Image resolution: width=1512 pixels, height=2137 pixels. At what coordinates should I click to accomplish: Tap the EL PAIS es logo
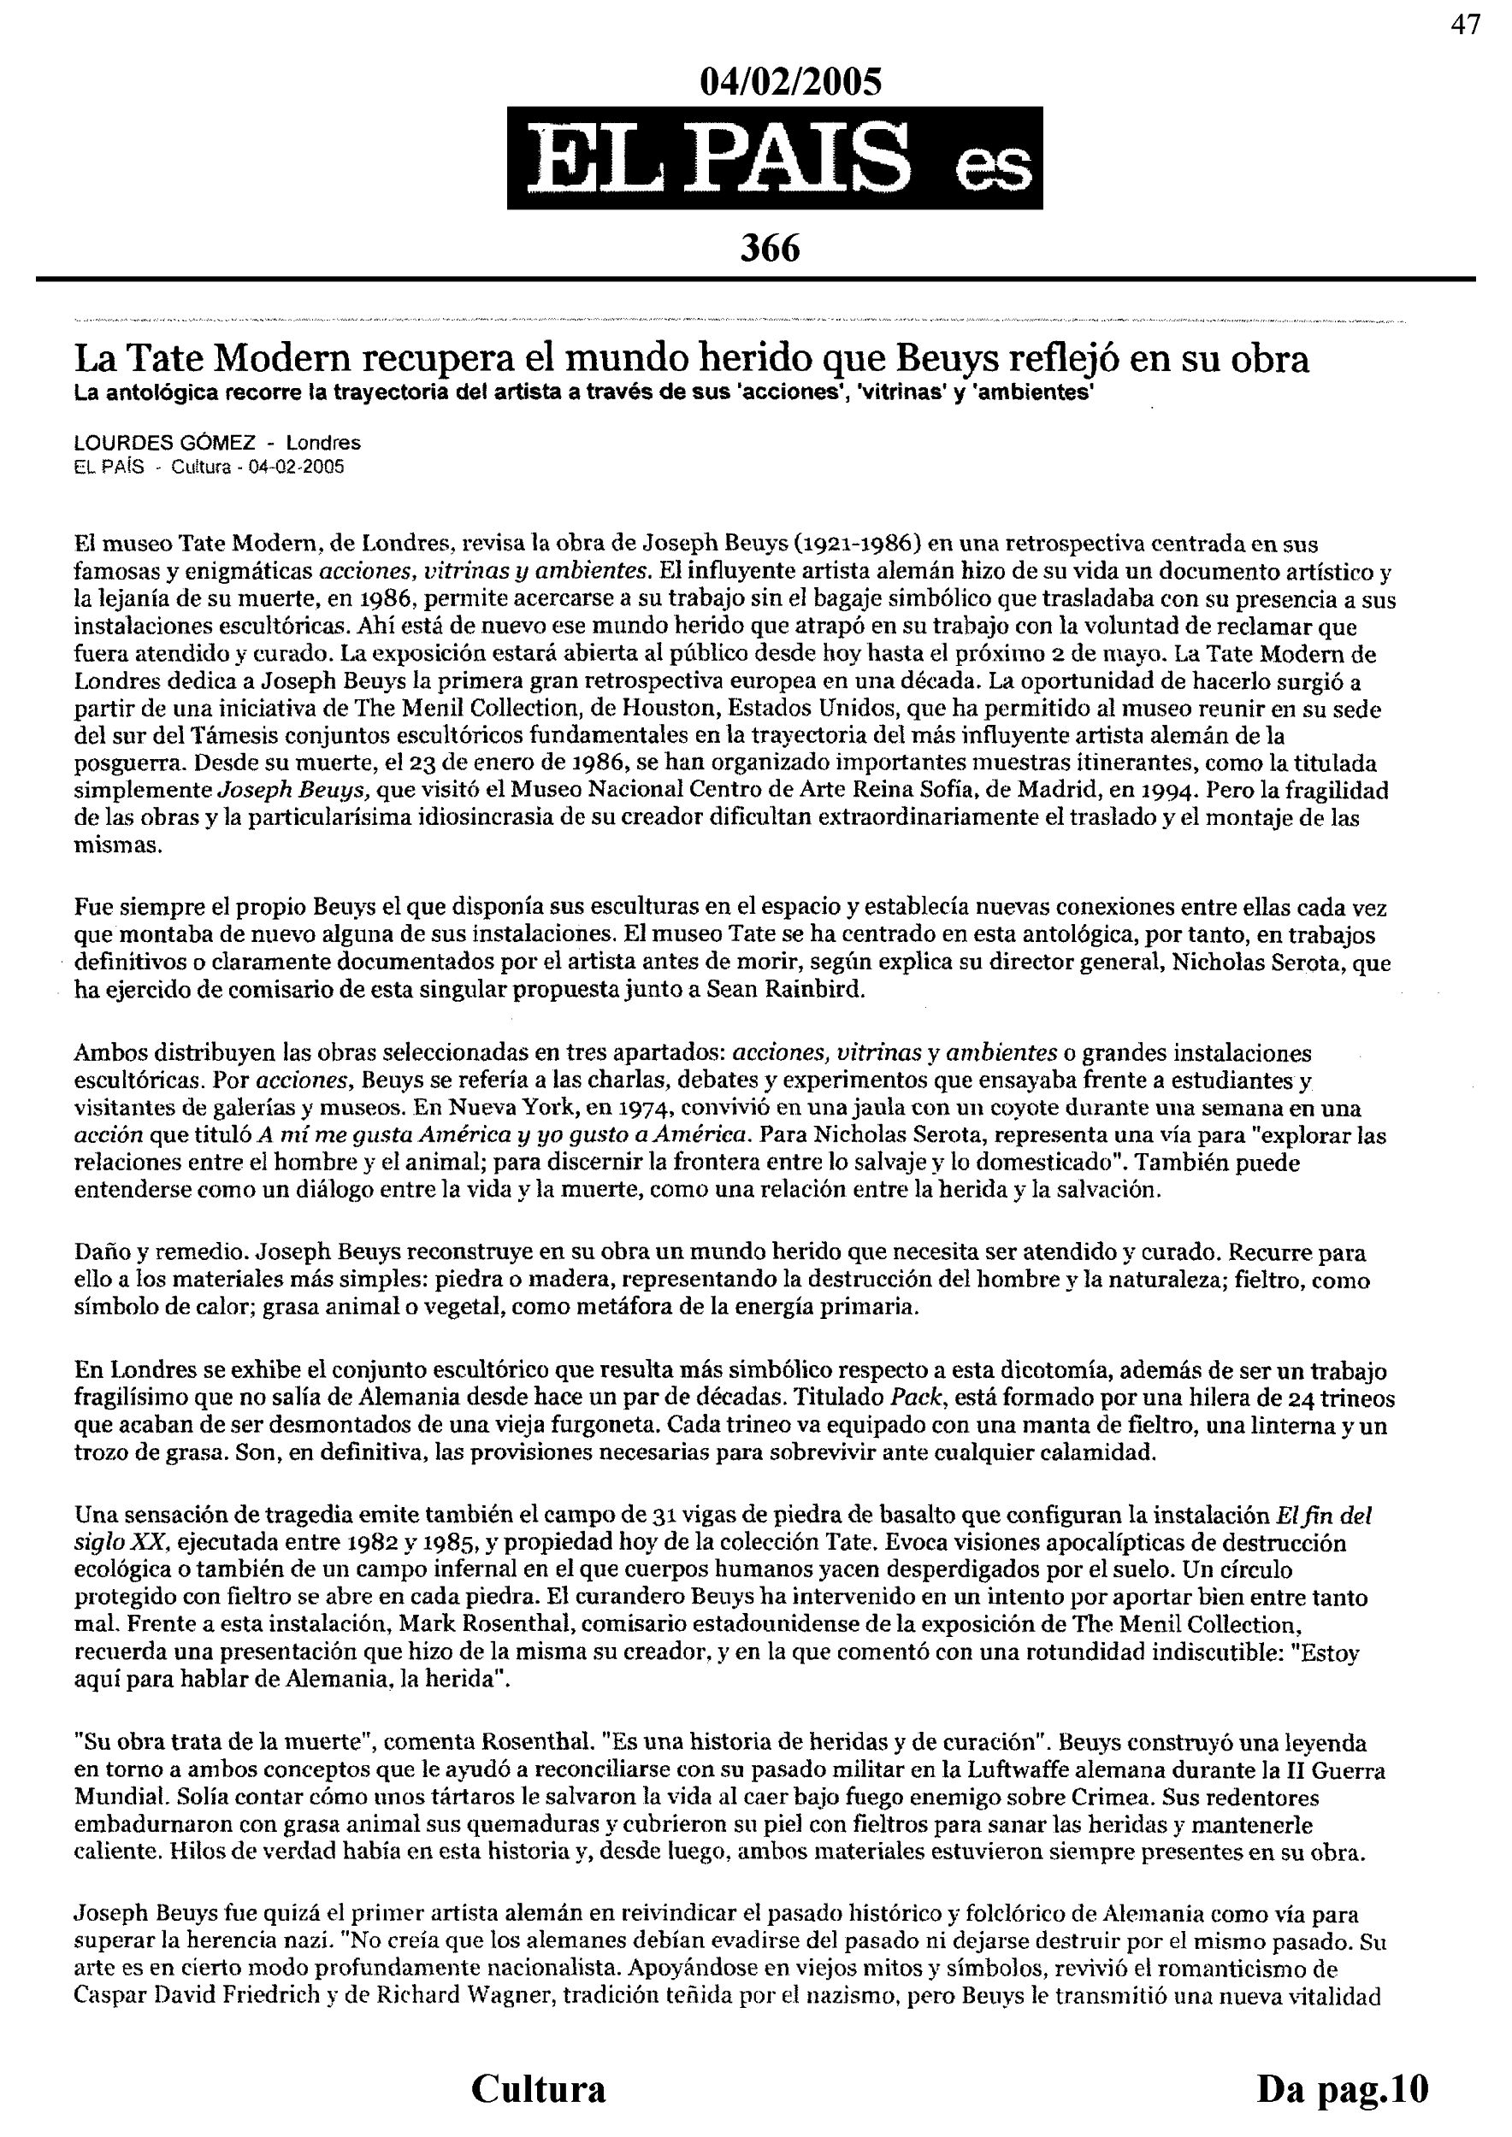(x=774, y=158)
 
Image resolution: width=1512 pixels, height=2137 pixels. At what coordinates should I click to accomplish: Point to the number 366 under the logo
(x=770, y=249)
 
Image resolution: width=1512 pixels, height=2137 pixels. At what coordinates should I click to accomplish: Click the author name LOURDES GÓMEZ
(x=165, y=443)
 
